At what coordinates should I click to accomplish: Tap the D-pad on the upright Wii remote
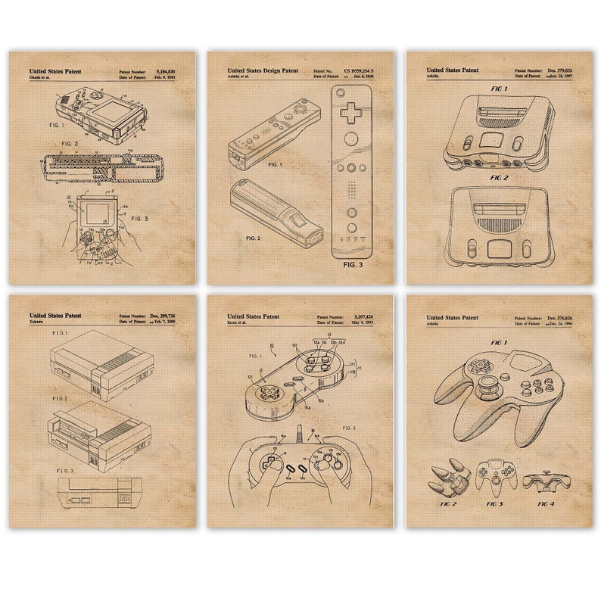352,111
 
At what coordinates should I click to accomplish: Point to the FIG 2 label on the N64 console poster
498,178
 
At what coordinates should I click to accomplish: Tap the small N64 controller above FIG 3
497,475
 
